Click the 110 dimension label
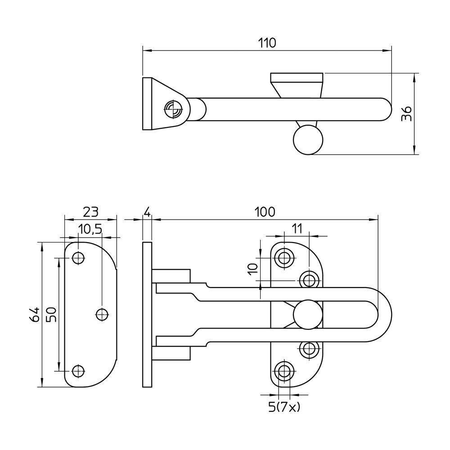pyautogui.click(x=267, y=43)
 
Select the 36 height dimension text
pyautogui.click(x=407, y=114)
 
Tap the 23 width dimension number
pyautogui.click(x=91, y=212)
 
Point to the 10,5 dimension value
pyautogui.click(x=90, y=229)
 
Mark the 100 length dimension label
pyautogui.click(x=265, y=212)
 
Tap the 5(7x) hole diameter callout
pyautogui.click(x=284, y=406)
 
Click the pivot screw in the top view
pyautogui.click(x=174, y=109)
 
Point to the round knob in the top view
pyautogui.click(x=308, y=140)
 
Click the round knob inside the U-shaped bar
pyautogui.click(x=308, y=315)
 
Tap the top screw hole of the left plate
pyautogui.click(x=78, y=257)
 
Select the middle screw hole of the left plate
pyautogui.click(x=102, y=314)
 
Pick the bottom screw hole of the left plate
pyautogui.click(x=78, y=371)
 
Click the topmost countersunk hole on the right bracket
pyautogui.click(x=284, y=257)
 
